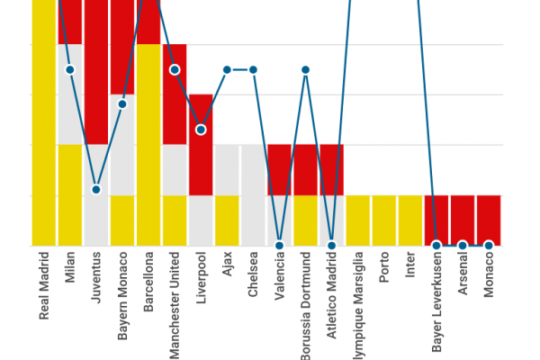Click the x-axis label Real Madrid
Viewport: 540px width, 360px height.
44,287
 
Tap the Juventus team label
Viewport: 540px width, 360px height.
96,279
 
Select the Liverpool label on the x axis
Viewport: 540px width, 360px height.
202,282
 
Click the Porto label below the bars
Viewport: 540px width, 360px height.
384,271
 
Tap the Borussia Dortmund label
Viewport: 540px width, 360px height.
306,306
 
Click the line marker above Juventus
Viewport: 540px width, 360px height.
96,189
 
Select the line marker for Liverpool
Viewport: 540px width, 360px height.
201,130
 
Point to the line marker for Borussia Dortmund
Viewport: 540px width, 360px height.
306,69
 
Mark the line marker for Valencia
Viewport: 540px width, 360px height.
280,245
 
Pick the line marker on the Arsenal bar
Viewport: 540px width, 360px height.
463,245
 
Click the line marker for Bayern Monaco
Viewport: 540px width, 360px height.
122,103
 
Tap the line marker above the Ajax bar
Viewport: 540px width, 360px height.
227,69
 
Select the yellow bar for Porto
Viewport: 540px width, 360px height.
384,220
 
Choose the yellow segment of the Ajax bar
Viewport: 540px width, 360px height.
227,220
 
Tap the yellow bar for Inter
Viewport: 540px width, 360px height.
410,220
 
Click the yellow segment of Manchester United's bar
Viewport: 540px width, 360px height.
175,220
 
